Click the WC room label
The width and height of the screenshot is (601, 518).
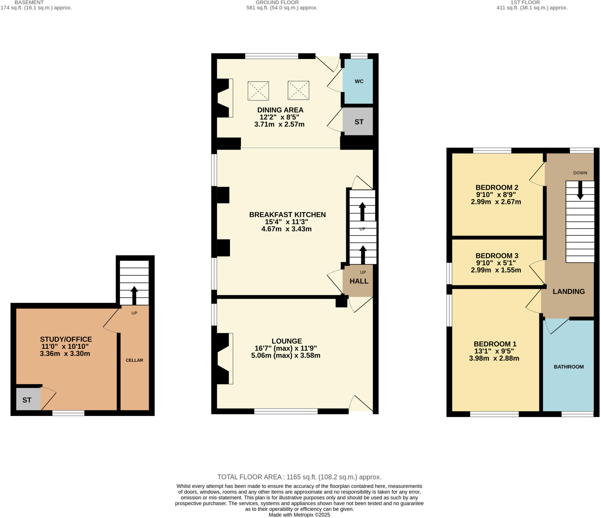tap(359, 81)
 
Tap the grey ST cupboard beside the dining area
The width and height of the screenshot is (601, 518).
tap(359, 121)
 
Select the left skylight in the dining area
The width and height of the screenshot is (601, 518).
tap(258, 91)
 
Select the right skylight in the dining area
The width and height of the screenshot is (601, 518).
tap(298, 90)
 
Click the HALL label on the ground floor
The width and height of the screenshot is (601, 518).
tap(359, 281)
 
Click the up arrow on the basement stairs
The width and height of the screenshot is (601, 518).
tap(134, 295)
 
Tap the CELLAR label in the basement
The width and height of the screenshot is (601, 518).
tap(134, 360)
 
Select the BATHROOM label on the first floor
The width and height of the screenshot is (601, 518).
tap(568, 367)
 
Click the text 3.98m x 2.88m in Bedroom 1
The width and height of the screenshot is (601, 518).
tap(494, 358)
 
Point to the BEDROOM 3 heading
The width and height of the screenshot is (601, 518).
tap(497, 255)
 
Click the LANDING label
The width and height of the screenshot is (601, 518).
tap(568, 291)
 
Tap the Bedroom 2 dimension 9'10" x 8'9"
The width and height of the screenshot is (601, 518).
tap(496, 194)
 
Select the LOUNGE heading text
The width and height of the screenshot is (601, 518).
tap(287, 341)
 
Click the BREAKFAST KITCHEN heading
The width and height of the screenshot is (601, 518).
tap(287, 214)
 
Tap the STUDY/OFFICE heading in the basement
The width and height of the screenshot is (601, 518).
tap(66, 339)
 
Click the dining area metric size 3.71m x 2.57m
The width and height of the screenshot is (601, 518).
tap(279, 124)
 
